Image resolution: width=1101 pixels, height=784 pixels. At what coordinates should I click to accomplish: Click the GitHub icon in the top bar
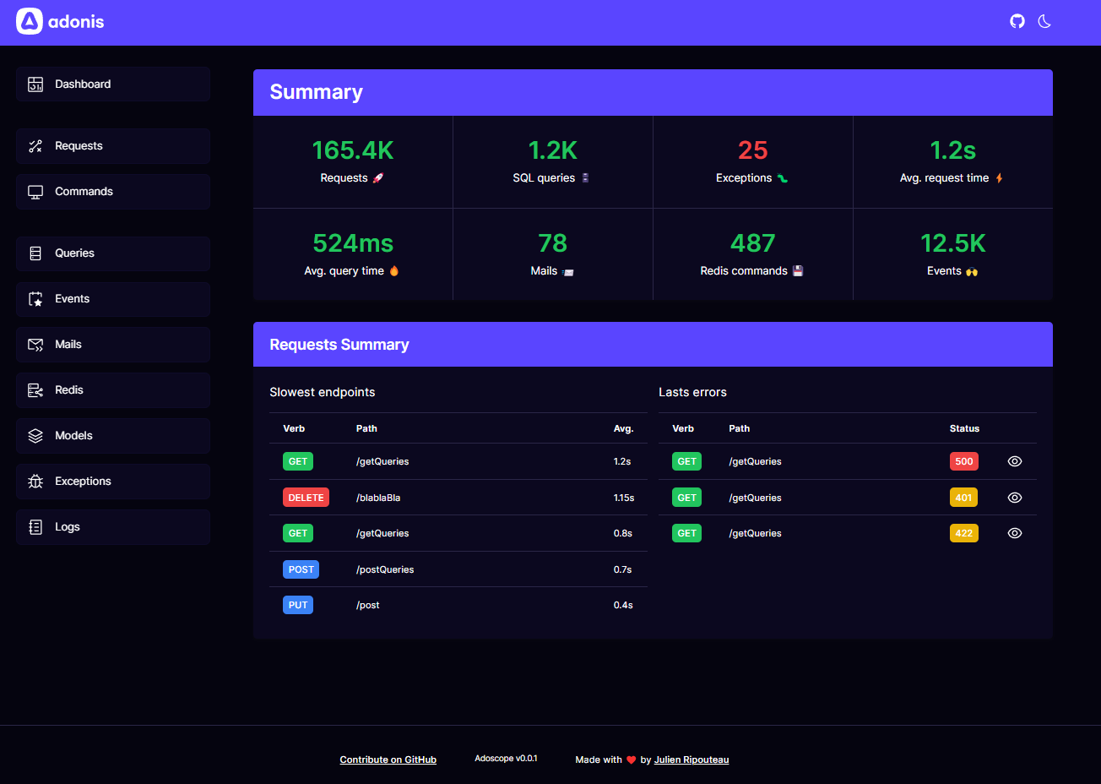[1017, 21]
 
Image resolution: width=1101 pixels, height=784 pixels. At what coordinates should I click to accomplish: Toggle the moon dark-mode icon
[1044, 21]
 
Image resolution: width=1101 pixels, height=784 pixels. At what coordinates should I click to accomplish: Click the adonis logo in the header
[60, 21]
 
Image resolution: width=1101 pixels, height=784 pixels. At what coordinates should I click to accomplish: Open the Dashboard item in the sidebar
[113, 84]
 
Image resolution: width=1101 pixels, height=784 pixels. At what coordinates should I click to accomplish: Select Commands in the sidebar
[113, 192]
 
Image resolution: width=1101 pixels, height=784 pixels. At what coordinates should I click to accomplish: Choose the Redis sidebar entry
[113, 390]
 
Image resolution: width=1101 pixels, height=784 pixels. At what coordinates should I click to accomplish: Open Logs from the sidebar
[113, 527]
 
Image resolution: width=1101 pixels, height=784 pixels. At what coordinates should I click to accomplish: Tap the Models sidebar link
[113, 436]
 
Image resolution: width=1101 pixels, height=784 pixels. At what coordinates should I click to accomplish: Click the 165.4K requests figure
[353, 150]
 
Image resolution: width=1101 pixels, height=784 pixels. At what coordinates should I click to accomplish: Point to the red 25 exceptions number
[752, 150]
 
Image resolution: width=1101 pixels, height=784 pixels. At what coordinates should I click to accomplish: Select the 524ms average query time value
[353, 243]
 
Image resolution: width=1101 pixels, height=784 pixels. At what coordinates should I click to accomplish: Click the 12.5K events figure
[952, 243]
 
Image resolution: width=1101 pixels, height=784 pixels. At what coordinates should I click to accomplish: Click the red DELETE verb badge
[306, 498]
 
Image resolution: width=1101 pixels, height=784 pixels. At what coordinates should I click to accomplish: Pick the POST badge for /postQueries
[301, 569]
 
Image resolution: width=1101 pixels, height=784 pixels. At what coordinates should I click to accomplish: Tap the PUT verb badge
[298, 605]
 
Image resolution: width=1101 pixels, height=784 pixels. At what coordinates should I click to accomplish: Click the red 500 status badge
[963, 461]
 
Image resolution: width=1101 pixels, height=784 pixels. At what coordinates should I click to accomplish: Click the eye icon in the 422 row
[1015, 533]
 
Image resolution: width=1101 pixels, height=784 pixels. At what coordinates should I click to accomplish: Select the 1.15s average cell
[624, 498]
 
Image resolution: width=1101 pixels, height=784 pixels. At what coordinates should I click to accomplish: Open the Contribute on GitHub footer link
[388, 759]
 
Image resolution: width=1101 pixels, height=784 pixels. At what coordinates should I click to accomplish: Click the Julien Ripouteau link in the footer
[691, 759]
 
